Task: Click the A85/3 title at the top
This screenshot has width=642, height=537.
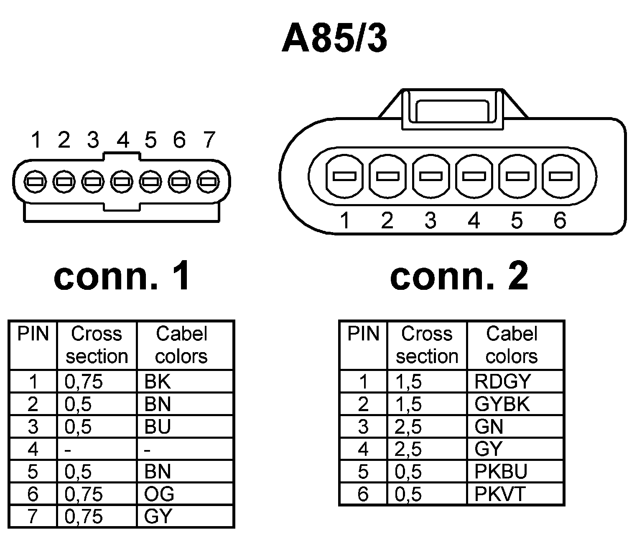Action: point(334,38)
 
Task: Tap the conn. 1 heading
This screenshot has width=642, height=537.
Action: point(122,276)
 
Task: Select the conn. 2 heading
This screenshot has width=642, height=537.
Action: point(459,276)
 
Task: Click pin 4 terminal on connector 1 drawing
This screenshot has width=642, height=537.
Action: point(122,182)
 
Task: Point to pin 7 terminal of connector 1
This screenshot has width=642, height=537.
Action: point(209,182)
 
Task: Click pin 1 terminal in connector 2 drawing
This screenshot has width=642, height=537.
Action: point(344,176)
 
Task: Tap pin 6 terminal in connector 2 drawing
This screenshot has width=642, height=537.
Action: point(560,176)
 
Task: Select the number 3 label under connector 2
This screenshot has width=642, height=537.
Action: point(431,220)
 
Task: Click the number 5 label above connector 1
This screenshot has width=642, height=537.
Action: point(150,140)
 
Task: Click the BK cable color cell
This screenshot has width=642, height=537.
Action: point(185,381)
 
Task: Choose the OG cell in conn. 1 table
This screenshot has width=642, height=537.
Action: point(185,494)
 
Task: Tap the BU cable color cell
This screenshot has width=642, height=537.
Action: point(185,427)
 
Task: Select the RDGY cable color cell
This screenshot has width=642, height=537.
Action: point(515,381)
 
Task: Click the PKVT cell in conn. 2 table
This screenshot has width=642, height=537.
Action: point(515,494)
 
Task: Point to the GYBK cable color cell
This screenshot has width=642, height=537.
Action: point(515,404)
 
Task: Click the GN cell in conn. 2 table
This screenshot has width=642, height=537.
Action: point(515,427)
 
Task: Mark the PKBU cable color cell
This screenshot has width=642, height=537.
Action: point(515,472)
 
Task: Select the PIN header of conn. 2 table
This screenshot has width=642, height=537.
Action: point(363,334)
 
